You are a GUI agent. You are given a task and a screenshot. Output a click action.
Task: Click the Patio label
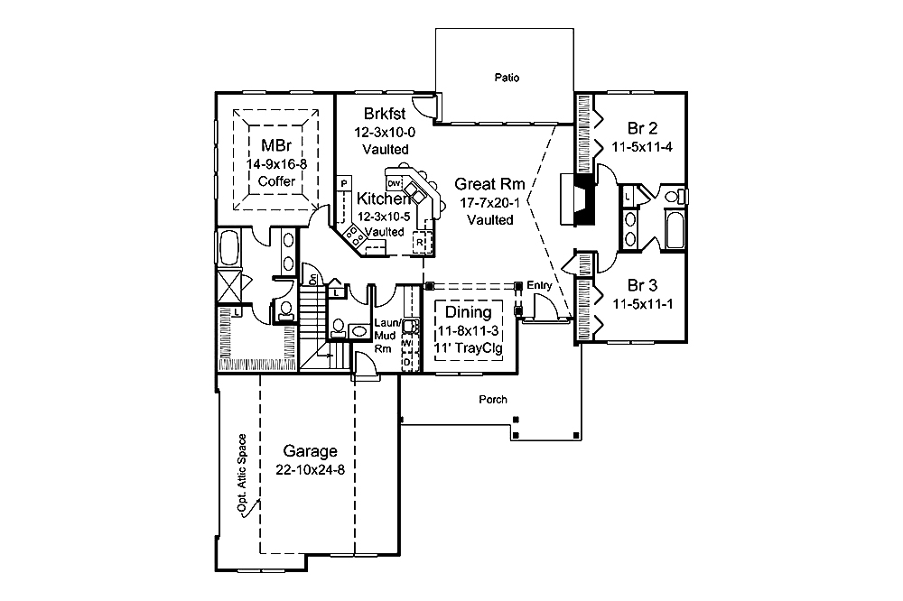click(x=506, y=78)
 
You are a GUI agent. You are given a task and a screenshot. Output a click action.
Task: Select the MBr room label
click(x=276, y=146)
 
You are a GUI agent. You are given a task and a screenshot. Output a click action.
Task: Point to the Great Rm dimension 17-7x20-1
click(x=491, y=201)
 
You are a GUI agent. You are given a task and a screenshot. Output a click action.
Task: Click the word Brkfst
click(x=385, y=115)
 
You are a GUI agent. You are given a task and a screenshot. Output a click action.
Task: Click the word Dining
click(x=469, y=312)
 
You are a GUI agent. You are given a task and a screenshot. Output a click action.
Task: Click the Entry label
click(x=539, y=285)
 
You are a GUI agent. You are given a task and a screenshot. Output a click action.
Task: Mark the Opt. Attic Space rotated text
click(x=242, y=474)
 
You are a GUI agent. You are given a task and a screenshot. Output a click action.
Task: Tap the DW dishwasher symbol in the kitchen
click(x=394, y=183)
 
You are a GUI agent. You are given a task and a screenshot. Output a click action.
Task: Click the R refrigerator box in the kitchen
click(x=420, y=241)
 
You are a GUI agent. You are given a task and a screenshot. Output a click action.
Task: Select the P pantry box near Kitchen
click(x=344, y=184)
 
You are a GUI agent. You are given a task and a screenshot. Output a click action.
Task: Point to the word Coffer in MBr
click(x=276, y=181)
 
